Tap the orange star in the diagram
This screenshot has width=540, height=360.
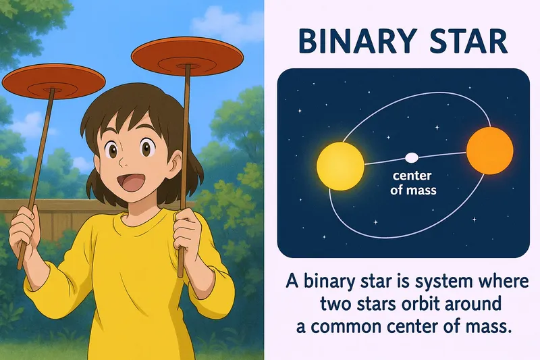[490, 151]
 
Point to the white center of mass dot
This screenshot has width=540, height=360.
[411, 158]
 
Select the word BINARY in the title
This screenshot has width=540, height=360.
[355, 43]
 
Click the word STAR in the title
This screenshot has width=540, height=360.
[465, 43]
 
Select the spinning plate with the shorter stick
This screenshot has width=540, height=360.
[53, 80]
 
